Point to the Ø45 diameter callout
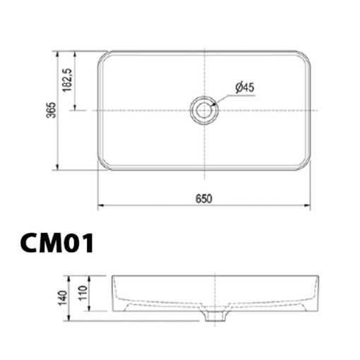[244, 86]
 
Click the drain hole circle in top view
[203, 110]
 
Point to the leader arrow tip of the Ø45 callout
[213, 103]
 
